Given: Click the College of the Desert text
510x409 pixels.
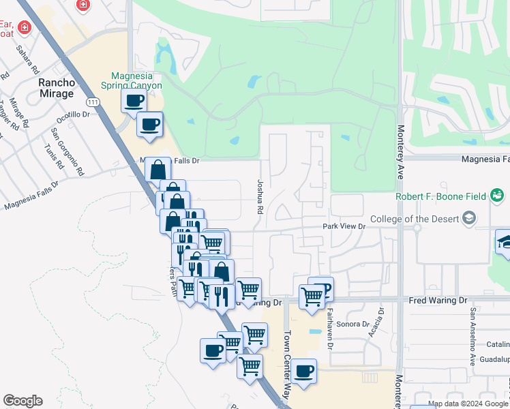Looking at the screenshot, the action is pos(415,219).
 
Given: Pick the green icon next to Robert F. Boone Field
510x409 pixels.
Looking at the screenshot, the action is pos(497,197).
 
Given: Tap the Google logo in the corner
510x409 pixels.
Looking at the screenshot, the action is pos(22,401).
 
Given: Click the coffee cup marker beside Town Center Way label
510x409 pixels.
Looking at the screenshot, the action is pos(305,372).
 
